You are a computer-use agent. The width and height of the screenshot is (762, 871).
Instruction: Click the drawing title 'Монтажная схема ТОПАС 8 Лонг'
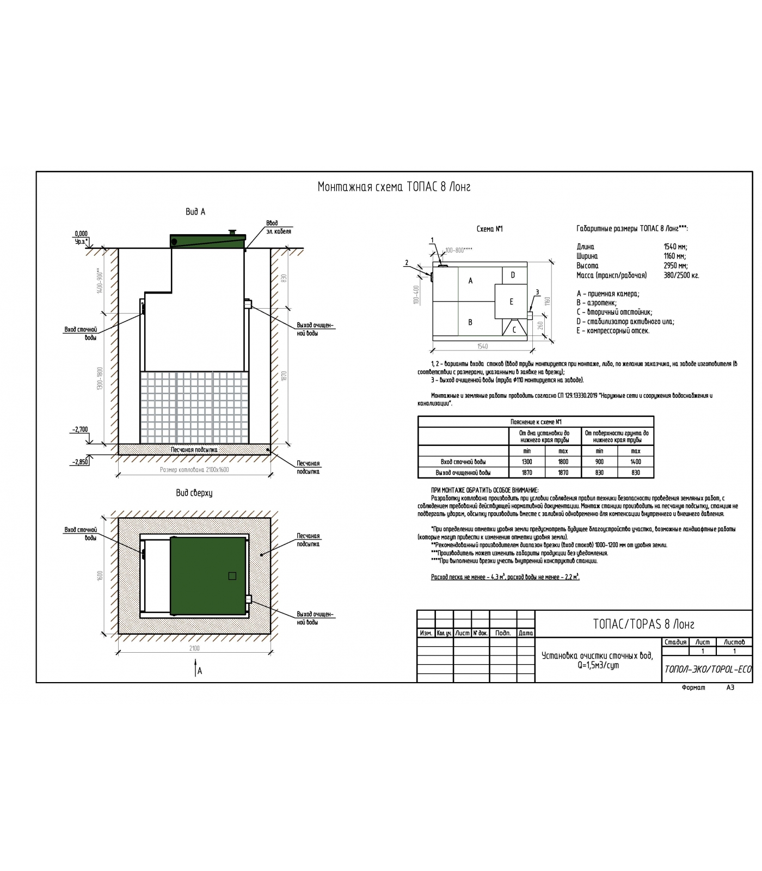coord(394,187)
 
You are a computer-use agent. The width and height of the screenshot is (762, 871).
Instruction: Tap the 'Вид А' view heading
coord(195,212)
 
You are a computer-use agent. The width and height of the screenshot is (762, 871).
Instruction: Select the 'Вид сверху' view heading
coord(194,493)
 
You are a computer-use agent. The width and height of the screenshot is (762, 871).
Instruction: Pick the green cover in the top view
coord(208,575)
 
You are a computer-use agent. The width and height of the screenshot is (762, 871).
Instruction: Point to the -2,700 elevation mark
coord(79,430)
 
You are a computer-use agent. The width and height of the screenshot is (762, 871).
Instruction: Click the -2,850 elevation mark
coord(79,462)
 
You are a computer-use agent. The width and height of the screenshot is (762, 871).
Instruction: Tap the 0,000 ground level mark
coord(81,234)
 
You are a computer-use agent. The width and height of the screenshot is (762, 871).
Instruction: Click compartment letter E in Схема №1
coord(511,302)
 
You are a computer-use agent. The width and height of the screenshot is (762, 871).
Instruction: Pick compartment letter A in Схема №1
coord(470,281)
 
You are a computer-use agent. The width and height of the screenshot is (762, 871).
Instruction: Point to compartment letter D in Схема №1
coord(512,275)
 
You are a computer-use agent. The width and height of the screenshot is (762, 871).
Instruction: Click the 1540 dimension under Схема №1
coord(482,346)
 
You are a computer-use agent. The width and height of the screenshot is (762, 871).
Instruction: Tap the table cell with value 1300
coord(526,462)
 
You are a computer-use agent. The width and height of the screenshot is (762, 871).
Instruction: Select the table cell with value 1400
coord(635,462)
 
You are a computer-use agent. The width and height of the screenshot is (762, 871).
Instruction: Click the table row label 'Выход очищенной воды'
coord(463,473)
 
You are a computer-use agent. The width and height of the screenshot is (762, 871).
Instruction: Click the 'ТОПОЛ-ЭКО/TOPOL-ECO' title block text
coord(707,669)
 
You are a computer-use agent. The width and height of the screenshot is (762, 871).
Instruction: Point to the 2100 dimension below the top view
coord(194,648)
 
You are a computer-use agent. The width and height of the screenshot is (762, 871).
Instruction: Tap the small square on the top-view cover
coord(232,576)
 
